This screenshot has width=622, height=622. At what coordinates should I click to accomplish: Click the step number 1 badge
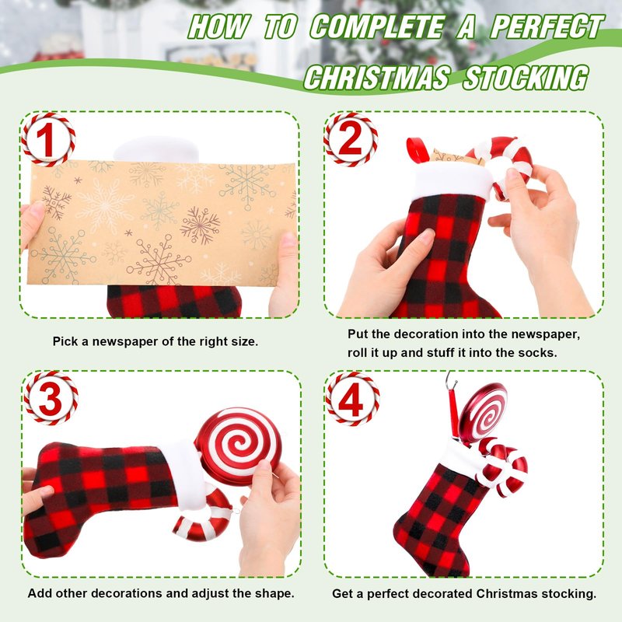coord(48,139)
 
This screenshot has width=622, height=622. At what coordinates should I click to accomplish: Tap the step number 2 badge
coord(351,139)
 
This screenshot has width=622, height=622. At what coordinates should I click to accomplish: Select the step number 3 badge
coord(51,398)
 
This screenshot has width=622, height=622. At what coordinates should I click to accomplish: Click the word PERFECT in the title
coord(547,26)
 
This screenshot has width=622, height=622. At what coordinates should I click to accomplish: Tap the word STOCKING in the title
coord(526,77)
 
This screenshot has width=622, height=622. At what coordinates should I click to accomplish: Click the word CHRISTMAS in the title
coord(377,77)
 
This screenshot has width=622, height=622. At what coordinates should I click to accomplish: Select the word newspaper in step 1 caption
coord(119,341)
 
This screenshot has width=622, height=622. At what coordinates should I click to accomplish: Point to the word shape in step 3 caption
coord(274,593)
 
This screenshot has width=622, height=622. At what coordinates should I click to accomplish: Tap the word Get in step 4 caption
coord(342,594)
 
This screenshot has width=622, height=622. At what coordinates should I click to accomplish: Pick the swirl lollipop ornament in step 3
coord(238,446)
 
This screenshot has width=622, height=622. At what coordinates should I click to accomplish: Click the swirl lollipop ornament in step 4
coord(482,414)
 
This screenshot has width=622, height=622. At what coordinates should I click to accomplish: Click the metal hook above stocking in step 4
coord(452,380)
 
